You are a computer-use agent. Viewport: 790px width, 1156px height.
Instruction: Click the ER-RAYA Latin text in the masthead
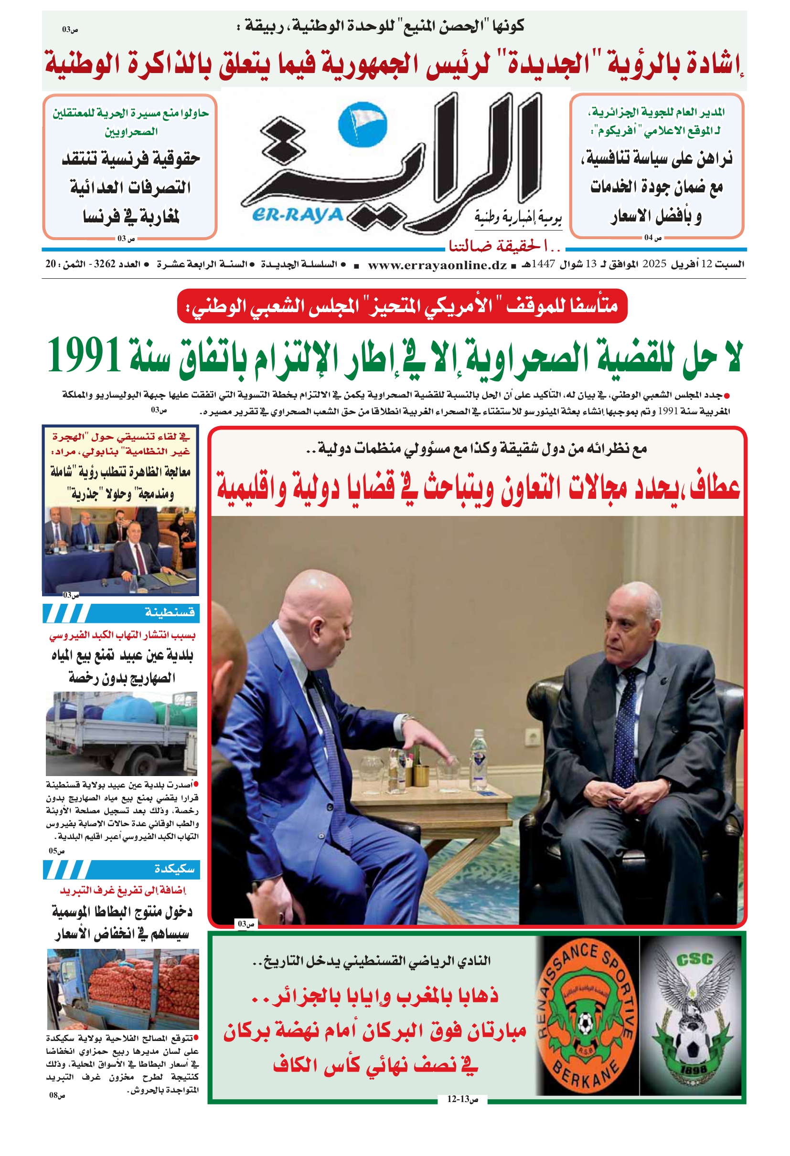(x=298, y=215)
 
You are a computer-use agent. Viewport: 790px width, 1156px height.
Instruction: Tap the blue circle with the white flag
(x=362, y=125)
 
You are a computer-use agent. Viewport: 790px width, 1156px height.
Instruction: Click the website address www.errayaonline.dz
(x=437, y=265)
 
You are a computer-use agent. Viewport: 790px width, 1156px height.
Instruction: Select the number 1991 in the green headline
(x=84, y=355)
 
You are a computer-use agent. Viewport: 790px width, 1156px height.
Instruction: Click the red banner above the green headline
(x=402, y=306)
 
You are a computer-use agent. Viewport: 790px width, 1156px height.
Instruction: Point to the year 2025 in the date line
(x=653, y=264)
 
